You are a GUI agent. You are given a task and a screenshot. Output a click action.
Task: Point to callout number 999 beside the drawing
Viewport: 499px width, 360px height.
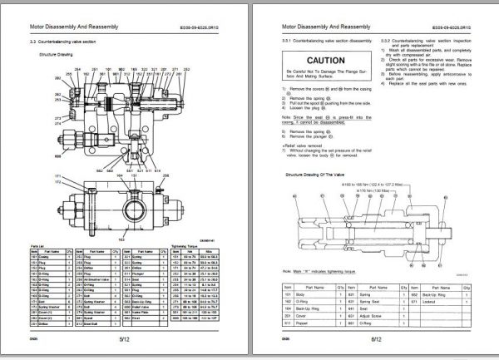pyautogui.click(x=36, y=155)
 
